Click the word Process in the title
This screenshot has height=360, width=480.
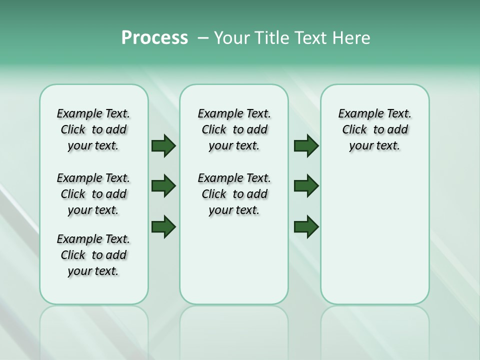pyautogui.click(x=154, y=38)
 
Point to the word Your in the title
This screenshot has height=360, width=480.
pyautogui.click(x=232, y=38)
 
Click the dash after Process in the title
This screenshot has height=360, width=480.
pyautogui.click(x=202, y=38)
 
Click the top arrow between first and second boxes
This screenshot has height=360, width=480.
pyautogui.click(x=163, y=146)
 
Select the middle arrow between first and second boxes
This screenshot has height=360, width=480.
pyautogui.click(x=163, y=186)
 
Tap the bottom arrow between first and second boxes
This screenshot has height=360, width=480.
pyautogui.click(x=163, y=226)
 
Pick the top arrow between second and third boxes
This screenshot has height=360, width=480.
pyautogui.click(x=306, y=146)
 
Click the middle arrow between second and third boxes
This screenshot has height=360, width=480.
pyautogui.click(x=306, y=186)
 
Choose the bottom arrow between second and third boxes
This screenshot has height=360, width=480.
pyautogui.click(x=306, y=226)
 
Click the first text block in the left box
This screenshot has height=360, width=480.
pyautogui.click(x=93, y=129)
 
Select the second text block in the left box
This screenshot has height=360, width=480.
pyautogui.click(x=93, y=194)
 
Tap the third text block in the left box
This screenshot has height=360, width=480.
pyautogui.click(x=93, y=255)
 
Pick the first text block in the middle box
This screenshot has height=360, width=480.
pyautogui.click(x=234, y=129)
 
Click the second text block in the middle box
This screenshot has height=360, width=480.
pyautogui.click(x=234, y=194)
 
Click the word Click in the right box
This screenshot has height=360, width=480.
pyautogui.click(x=354, y=130)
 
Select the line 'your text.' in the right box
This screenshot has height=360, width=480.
pyautogui.click(x=374, y=146)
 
